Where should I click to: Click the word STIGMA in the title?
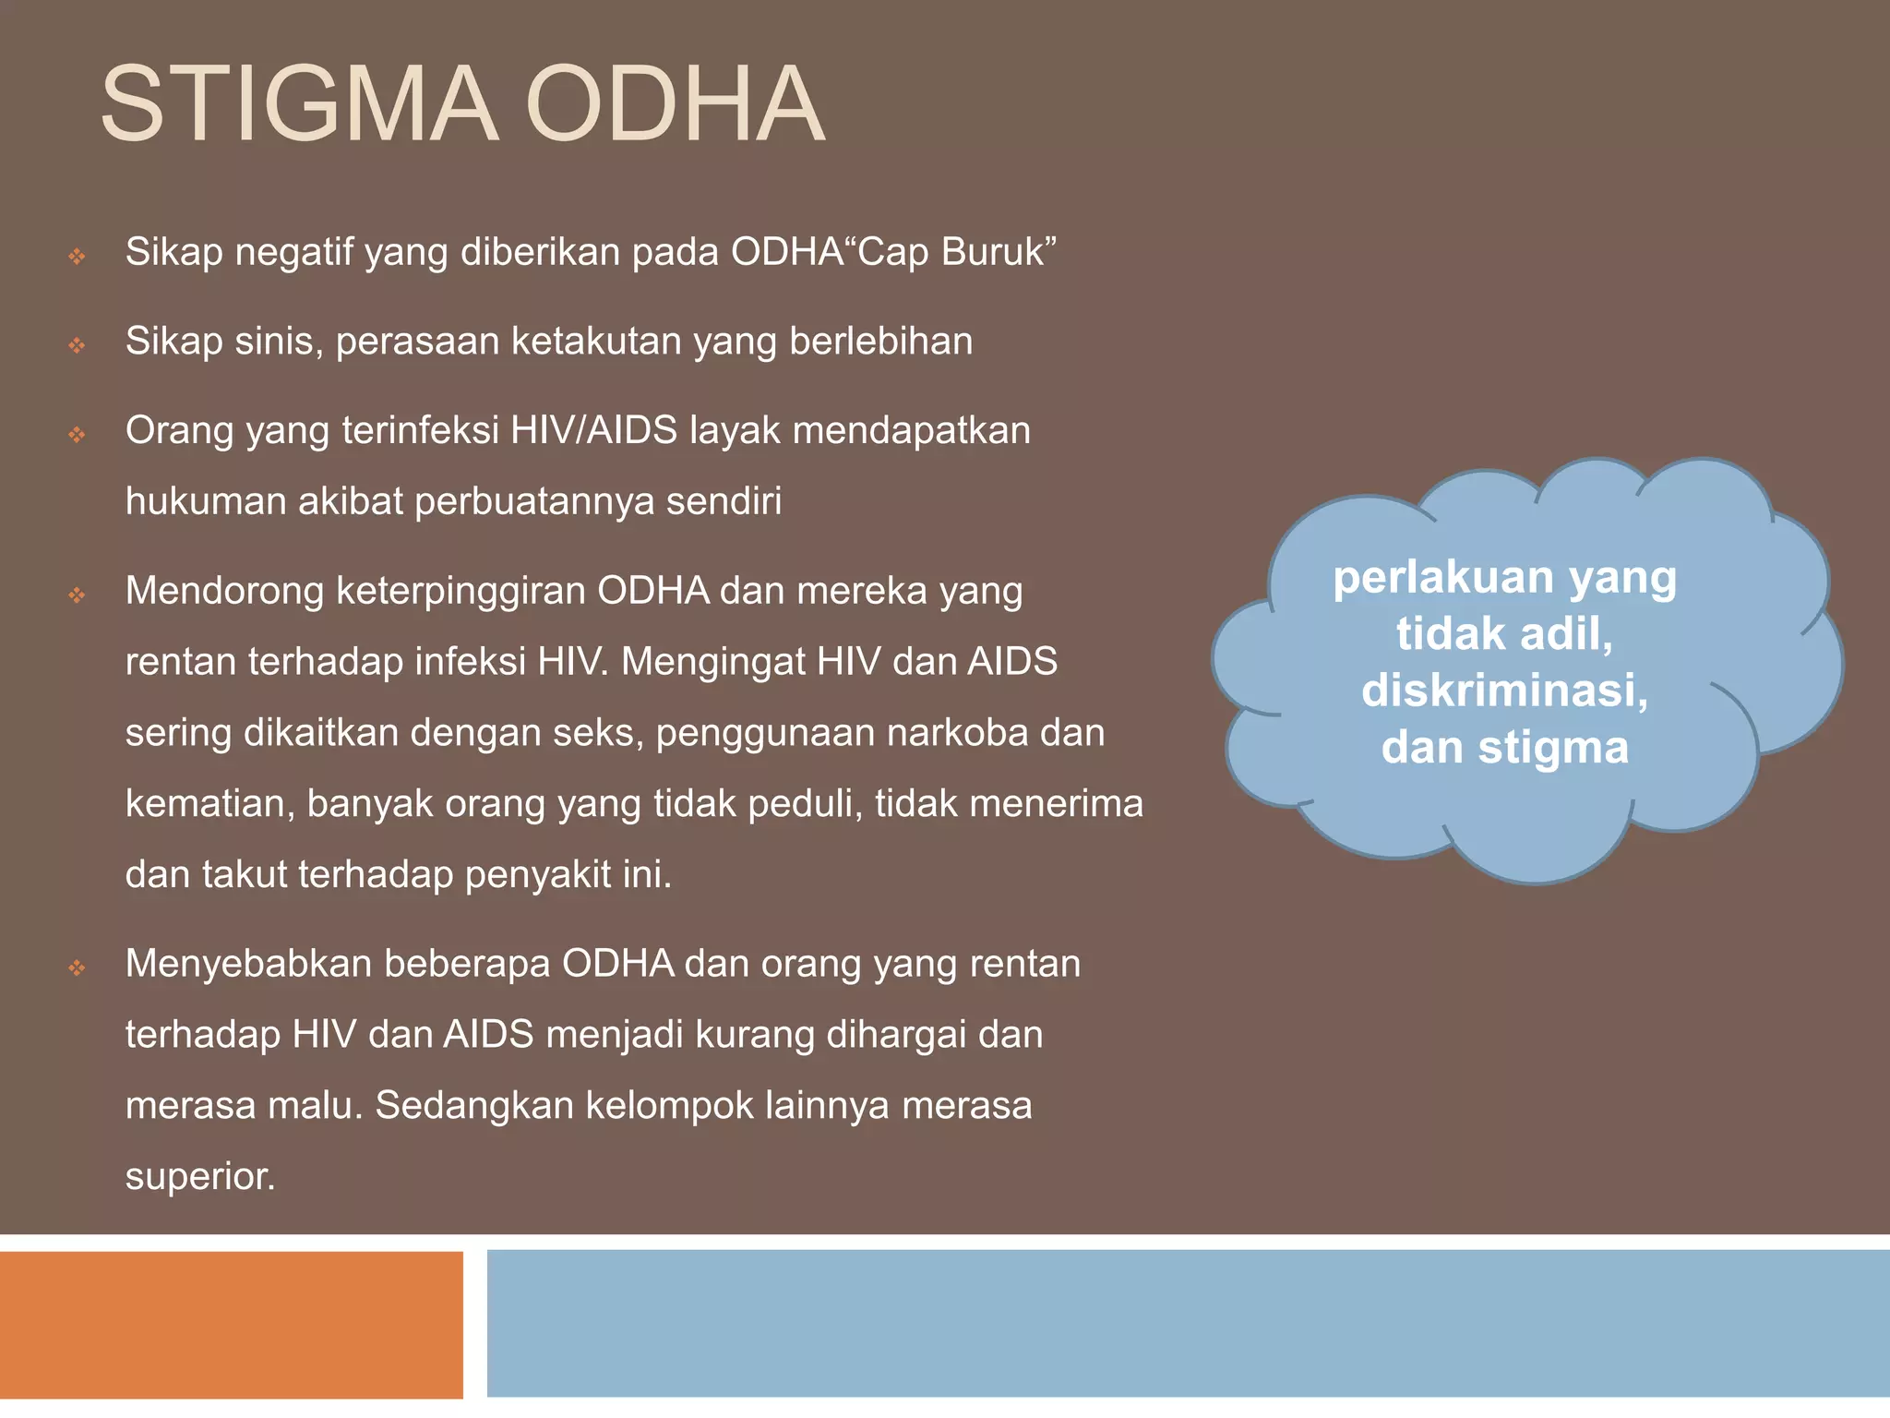(x=298, y=103)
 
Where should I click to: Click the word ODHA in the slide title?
(x=675, y=103)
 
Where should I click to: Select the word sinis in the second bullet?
(x=279, y=342)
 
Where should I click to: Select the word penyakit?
(x=537, y=875)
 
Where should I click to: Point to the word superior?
(x=200, y=1176)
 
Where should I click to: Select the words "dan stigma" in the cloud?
(x=1504, y=748)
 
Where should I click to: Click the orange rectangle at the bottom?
(x=231, y=1324)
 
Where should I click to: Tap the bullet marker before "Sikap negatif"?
(x=78, y=257)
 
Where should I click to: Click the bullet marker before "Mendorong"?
(x=78, y=595)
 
